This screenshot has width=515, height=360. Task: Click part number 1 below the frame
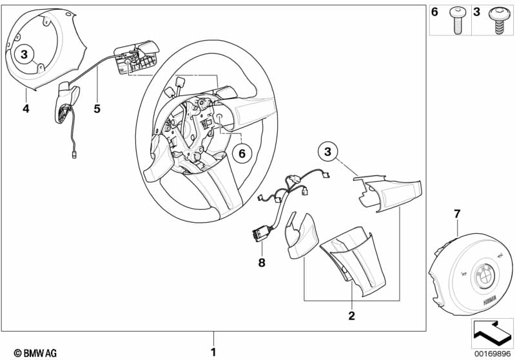coord(213,352)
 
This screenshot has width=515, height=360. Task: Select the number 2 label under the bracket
coord(351,316)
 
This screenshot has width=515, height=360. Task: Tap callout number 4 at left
coord(26,109)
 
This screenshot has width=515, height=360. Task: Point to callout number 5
coord(97,109)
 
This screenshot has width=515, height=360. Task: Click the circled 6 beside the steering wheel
coord(242,153)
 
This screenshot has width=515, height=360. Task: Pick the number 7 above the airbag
coord(457,213)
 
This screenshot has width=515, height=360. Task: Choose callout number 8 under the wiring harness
coord(262,262)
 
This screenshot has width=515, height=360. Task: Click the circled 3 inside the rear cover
coord(24,54)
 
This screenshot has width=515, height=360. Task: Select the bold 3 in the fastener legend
coord(478,12)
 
